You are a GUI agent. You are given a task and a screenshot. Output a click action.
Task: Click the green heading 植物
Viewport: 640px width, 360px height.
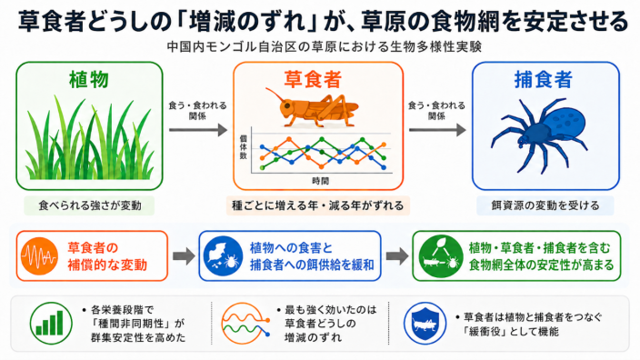point(89,79)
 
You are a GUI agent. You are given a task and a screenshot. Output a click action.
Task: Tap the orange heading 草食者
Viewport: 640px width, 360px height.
point(313,79)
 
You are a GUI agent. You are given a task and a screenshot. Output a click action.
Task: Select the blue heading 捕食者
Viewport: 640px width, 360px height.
point(544,79)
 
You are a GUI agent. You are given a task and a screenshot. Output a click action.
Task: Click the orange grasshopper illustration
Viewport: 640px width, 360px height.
point(312,108)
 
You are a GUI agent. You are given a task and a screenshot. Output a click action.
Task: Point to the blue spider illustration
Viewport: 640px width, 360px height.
point(539,135)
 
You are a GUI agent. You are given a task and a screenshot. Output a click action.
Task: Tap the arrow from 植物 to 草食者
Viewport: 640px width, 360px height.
point(198,130)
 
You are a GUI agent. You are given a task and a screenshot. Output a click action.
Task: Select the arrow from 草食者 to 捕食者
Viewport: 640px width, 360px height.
point(437,130)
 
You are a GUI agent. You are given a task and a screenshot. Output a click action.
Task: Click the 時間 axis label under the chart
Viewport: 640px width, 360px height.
point(320,181)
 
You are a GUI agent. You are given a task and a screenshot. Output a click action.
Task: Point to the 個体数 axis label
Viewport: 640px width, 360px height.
point(244,147)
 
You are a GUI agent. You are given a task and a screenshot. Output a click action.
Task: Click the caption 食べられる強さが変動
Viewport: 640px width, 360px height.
point(90,205)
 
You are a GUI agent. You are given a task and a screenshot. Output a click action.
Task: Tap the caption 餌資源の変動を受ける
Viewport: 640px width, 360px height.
point(545,205)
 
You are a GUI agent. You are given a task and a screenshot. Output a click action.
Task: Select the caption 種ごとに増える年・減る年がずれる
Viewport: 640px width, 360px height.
point(317,205)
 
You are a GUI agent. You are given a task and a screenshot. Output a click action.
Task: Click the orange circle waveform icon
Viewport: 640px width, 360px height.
point(39,256)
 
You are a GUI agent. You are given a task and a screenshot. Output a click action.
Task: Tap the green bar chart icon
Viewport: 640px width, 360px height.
point(51,324)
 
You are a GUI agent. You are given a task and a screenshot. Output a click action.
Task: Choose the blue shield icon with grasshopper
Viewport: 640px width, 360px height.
point(425,324)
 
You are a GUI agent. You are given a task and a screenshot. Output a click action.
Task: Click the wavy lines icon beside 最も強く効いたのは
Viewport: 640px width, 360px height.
point(245,324)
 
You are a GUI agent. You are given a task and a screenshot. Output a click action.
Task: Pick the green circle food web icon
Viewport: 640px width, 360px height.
point(440,256)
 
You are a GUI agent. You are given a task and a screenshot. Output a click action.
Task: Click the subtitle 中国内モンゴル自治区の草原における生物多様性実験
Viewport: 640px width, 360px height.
point(324,46)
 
